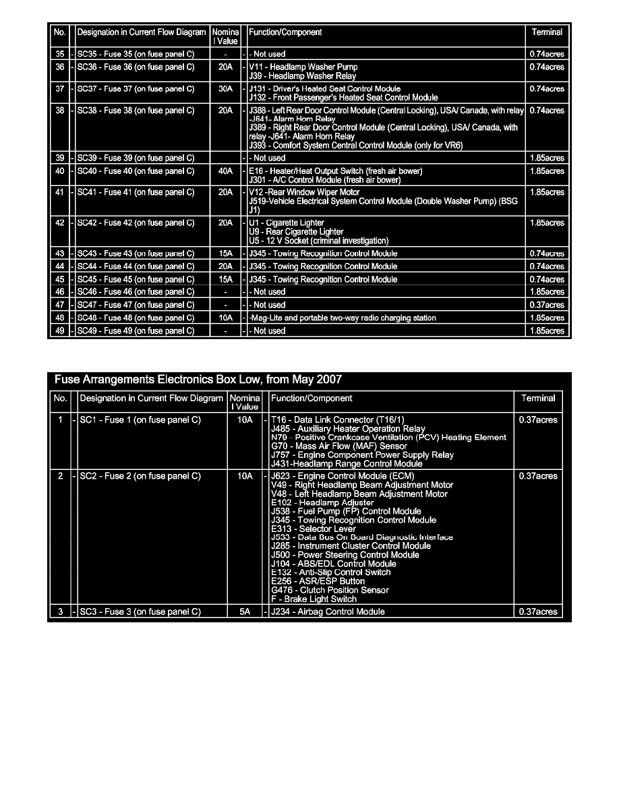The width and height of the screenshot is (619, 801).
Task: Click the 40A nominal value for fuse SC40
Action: (x=226, y=171)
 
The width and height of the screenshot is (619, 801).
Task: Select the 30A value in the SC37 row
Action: (x=226, y=89)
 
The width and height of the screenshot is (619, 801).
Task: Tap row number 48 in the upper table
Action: (x=60, y=318)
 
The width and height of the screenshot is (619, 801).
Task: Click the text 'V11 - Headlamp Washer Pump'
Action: (x=303, y=67)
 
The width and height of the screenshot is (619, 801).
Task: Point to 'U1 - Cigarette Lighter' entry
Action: (x=287, y=223)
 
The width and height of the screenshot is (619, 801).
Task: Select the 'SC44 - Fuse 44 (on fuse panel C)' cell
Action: (x=136, y=266)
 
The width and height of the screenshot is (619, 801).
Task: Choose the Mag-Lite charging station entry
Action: (x=343, y=318)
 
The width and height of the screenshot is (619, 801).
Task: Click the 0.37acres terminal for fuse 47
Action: (x=547, y=305)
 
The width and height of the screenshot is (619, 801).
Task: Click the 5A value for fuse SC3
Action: (x=245, y=612)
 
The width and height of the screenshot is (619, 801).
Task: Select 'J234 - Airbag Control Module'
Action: (x=327, y=612)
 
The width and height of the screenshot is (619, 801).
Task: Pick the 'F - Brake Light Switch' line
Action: (x=314, y=599)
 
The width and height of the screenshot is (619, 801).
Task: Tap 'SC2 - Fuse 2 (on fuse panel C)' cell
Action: (x=140, y=477)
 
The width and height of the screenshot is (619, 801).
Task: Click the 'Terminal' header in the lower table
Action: (x=538, y=398)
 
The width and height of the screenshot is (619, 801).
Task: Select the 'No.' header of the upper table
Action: (x=60, y=32)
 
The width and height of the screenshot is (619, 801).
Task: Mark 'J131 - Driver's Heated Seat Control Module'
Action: (x=324, y=89)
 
